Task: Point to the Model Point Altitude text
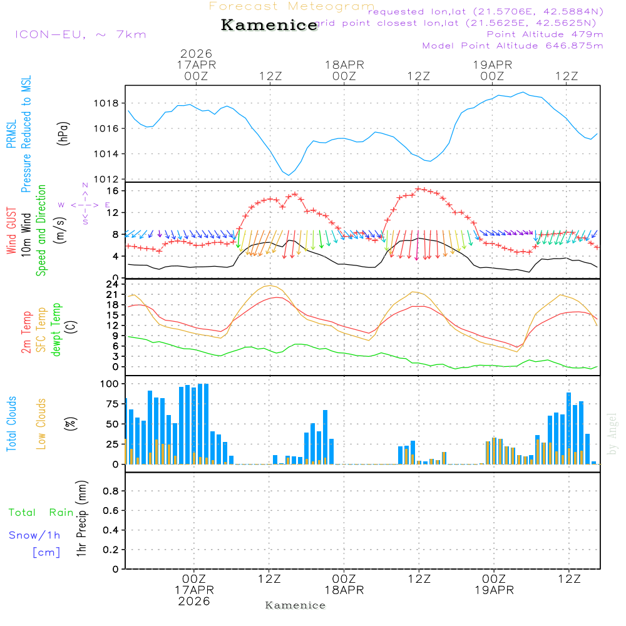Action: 513,46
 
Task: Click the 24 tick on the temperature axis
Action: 114,284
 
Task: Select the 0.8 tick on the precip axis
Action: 111,491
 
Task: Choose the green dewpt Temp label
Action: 56,330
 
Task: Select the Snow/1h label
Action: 34,535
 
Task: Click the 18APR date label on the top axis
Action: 344,64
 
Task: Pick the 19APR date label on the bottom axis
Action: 494,590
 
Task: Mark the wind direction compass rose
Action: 85,204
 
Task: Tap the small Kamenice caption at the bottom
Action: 295,605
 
